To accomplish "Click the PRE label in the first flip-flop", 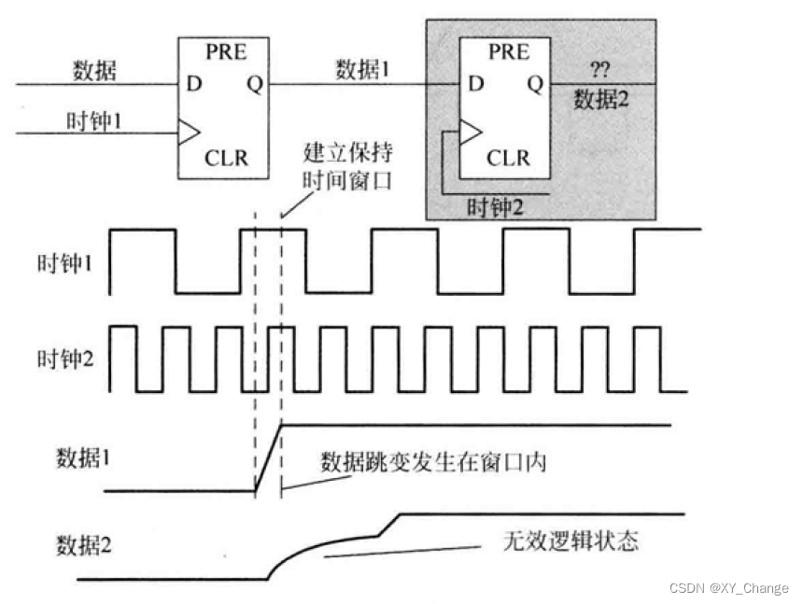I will coord(226,52).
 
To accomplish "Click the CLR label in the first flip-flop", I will coord(226,157).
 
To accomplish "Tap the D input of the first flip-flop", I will coord(193,84).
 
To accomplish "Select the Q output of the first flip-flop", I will coord(254,84).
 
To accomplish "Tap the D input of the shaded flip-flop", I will coord(476,84).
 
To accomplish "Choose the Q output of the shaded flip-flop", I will coord(535,84).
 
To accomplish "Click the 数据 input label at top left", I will coord(93,70).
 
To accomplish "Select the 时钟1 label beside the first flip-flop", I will coord(92,120).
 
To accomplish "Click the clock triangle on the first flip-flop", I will coord(188,133).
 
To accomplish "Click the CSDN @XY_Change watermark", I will coord(728,588).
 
